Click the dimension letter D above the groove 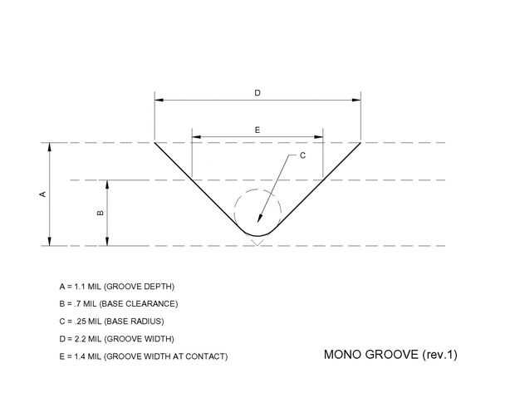click(x=257, y=93)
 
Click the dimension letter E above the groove click(x=257, y=130)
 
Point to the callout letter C click(x=302, y=155)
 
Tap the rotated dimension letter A click(x=42, y=194)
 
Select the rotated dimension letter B click(x=100, y=213)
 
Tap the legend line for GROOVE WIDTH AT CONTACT click(x=137, y=356)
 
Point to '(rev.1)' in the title click(x=439, y=355)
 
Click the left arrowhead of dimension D click(x=159, y=101)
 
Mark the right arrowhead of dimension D click(x=356, y=101)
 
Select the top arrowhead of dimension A click(x=50, y=148)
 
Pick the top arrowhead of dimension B click(x=106, y=184)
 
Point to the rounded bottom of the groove click(x=257, y=236)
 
